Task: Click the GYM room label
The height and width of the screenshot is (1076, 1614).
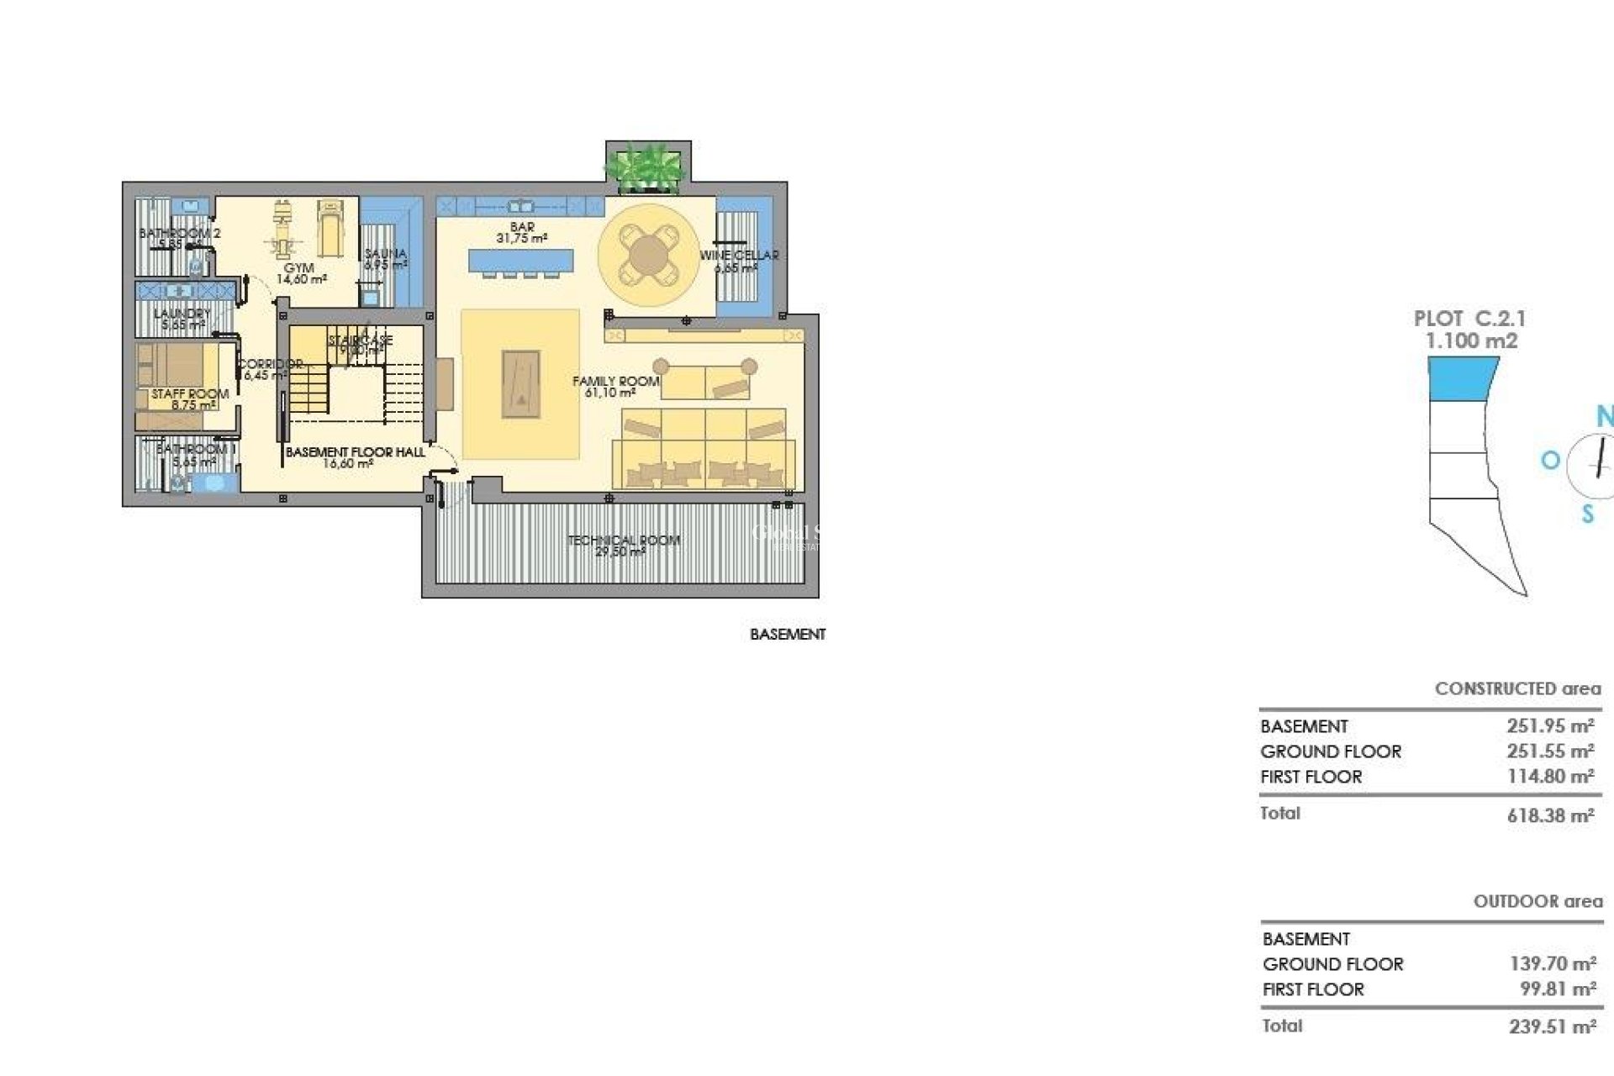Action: tap(300, 268)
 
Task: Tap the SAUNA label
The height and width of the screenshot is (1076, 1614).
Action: tap(386, 254)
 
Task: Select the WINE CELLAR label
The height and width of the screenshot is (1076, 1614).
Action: tap(739, 256)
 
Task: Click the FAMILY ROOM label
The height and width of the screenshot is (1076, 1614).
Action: tap(615, 382)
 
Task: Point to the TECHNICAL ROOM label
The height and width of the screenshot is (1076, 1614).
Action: tap(623, 541)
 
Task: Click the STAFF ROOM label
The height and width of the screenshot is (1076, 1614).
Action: tap(190, 394)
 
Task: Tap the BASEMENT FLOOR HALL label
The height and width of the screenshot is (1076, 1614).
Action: tap(355, 452)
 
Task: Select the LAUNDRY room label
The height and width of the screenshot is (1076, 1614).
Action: tap(182, 314)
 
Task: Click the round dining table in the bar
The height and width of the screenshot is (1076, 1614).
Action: tap(646, 253)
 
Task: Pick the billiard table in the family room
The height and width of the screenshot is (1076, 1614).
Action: tap(521, 384)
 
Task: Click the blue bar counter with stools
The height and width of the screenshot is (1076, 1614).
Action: tap(521, 261)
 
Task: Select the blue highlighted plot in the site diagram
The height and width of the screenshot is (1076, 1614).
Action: tap(1463, 378)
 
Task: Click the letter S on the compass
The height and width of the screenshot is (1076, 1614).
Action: tap(1587, 514)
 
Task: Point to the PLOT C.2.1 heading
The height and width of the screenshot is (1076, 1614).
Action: tap(1469, 319)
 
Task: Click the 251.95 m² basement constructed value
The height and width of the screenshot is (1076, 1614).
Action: tap(1550, 726)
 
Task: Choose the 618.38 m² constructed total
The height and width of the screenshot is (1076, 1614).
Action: tap(1550, 815)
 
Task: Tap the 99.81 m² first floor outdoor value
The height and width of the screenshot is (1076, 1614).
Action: tap(1558, 989)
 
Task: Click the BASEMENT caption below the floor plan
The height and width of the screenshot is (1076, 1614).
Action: tap(788, 635)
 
